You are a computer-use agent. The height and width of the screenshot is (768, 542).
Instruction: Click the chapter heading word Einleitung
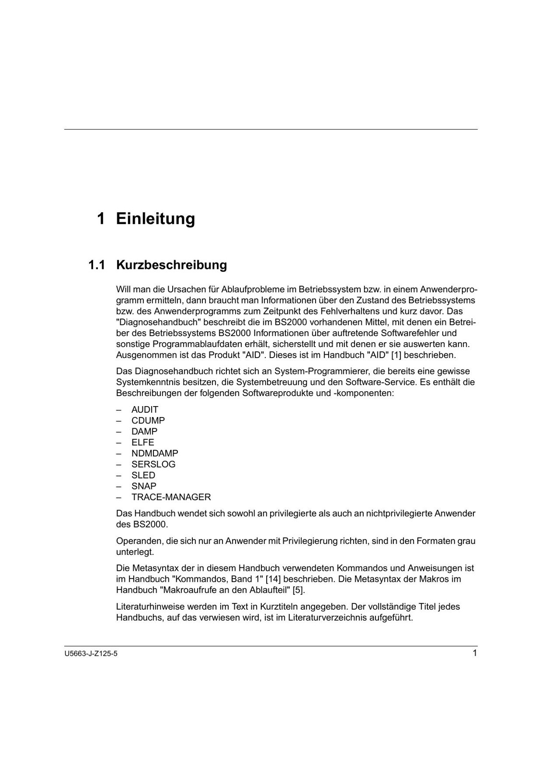(x=155, y=219)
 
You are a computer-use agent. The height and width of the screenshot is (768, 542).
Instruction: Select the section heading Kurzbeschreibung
(x=172, y=265)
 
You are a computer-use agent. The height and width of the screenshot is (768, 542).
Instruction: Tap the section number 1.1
(x=97, y=265)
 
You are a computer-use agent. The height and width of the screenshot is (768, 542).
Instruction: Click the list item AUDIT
(x=145, y=409)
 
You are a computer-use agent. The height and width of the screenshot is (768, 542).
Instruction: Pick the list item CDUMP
(x=148, y=420)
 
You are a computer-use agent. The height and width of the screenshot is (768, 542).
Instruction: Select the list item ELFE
(x=143, y=443)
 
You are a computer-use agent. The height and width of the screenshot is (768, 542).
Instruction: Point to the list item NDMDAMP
(x=155, y=453)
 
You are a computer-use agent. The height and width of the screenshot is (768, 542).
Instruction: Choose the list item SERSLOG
(x=153, y=464)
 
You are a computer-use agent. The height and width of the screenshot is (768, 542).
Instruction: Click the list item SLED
(x=143, y=475)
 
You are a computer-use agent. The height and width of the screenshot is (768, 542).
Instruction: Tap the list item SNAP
(x=144, y=486)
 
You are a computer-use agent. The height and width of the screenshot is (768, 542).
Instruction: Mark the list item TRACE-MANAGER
(x=171, y=497)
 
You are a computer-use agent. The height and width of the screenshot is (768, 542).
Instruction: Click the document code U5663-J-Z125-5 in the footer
(x=91, y=654)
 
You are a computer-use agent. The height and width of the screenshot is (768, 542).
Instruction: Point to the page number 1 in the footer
(x=475, y=653)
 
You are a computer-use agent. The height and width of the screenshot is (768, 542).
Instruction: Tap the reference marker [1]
(x=396, y=355)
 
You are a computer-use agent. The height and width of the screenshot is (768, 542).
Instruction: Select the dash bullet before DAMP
(x=119, y=432)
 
